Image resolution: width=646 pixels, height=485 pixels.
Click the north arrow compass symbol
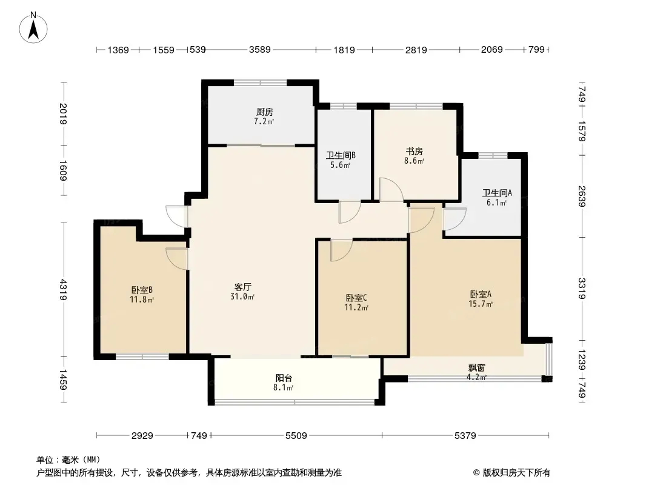pos(33,28)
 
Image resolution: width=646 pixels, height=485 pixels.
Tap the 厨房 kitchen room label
pos(264,112)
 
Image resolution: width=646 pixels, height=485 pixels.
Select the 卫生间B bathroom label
pos(341,155)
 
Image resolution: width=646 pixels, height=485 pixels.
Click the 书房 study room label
pos(414,151)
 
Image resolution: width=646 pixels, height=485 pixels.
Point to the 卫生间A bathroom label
pos(497,193)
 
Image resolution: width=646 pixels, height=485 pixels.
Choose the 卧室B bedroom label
pos(142,290)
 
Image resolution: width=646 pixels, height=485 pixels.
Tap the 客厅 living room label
pos(242,287)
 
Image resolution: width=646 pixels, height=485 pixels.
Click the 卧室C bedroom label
pos(356,298)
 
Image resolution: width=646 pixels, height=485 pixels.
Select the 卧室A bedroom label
pos(481,294)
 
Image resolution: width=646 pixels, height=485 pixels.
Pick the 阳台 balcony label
pos(284,378)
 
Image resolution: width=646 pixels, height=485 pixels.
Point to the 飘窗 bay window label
pos(476,367)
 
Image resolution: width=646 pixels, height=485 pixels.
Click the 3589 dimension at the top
pos(260,50)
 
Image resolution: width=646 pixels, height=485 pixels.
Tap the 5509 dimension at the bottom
pos(296,435)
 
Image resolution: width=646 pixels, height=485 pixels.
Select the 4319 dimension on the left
pos(63,290)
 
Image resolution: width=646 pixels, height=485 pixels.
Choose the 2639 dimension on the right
pos(581,196)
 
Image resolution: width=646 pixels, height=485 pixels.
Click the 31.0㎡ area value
pos(242,296)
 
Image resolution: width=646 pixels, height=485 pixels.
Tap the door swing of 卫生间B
pos(350,213)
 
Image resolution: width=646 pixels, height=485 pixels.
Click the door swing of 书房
pos(391,189)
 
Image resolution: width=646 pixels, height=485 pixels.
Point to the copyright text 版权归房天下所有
pos(516,473)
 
